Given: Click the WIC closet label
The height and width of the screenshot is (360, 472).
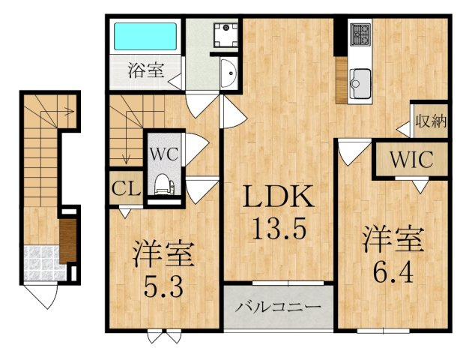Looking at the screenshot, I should [x=410, y=159].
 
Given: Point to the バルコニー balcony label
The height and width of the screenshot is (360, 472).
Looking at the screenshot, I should [x=278, y=307].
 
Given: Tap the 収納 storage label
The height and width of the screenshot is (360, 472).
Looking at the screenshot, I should [x=430, y=120].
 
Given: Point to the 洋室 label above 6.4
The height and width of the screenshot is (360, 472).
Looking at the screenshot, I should [x=393, y=239].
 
